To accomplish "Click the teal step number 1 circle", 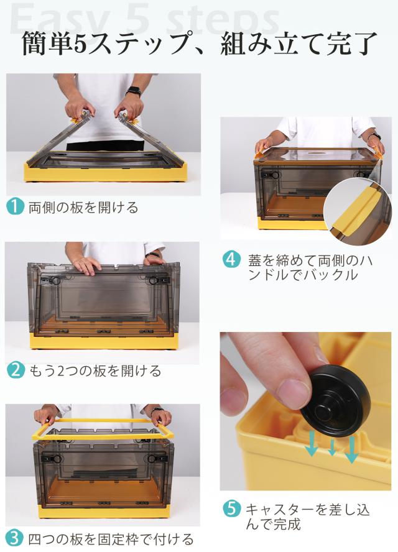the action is tap(15, 206).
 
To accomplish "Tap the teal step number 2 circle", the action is tap(16, 370).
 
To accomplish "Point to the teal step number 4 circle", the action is tap(231, 260).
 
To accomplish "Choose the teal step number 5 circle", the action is tap(231, 508).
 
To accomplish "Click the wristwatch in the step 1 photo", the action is tap(134, 91).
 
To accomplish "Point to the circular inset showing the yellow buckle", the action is tap(358, 212).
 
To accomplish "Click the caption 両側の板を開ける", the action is tap(83, 208).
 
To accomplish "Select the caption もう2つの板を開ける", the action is tap(95, 370).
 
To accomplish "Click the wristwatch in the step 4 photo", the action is tap(376, 136).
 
